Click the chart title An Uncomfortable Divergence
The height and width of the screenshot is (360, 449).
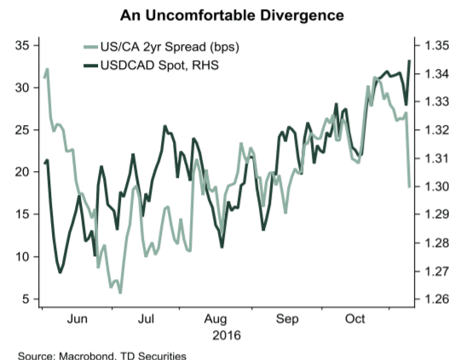[x=224, y=14]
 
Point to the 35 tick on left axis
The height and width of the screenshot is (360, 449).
[x=23, y=44]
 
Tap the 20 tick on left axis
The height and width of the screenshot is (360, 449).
[x=23, y=171]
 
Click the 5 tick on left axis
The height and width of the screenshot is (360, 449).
[x=26, y=299]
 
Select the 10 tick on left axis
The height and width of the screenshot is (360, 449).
[x=23, y=256]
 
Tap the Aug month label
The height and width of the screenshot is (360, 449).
[x=216, y=319]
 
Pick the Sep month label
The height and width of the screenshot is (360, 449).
[x=287, y=319]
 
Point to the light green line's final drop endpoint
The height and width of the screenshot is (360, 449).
[x=410, y=186]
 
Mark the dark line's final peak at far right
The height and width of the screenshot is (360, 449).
[x=410, y=60]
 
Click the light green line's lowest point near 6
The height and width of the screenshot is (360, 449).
[x=120, y=292]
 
